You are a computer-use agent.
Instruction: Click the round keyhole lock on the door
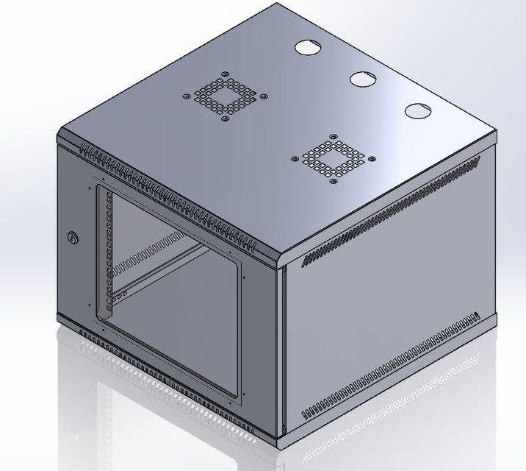click(x=72, y=237)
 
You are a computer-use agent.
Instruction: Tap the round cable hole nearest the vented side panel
click(x=416, y=111)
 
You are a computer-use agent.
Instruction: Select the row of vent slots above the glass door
click(x=162, y=196)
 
